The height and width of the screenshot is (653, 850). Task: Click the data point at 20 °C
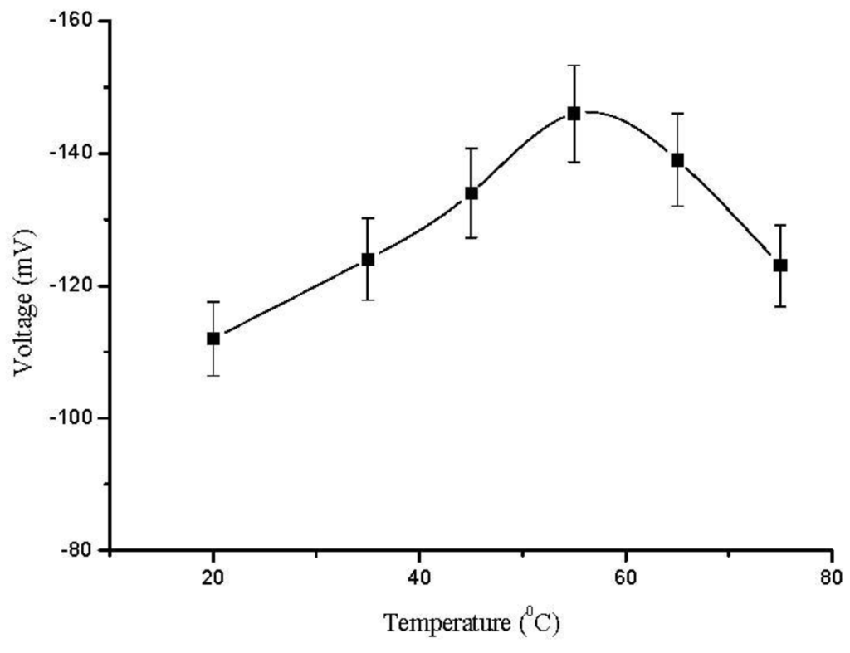pos(213,339)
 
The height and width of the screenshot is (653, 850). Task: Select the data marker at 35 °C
pos(368,259)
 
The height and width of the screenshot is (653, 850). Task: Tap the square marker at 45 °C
pos(471,193)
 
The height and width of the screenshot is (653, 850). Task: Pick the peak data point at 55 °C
pos(574,114)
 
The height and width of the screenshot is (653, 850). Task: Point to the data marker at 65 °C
pos(677,160)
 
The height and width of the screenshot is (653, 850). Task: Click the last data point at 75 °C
pos(780,266)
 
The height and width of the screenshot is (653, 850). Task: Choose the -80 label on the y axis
pos(79,550)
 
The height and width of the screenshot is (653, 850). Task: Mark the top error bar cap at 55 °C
pos(574,65)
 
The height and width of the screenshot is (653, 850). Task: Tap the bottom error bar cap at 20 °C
pos(213,376)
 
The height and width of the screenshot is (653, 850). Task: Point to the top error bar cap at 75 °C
pos(780,225)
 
